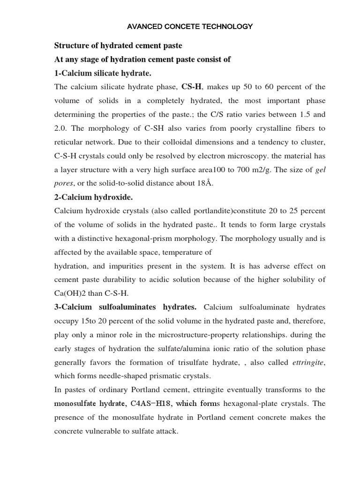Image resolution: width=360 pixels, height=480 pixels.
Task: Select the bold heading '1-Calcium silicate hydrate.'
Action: [103, 74]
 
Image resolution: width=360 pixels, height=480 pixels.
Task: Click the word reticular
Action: [70, 142]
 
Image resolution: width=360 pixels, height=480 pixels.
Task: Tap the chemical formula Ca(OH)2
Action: [72, 293]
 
